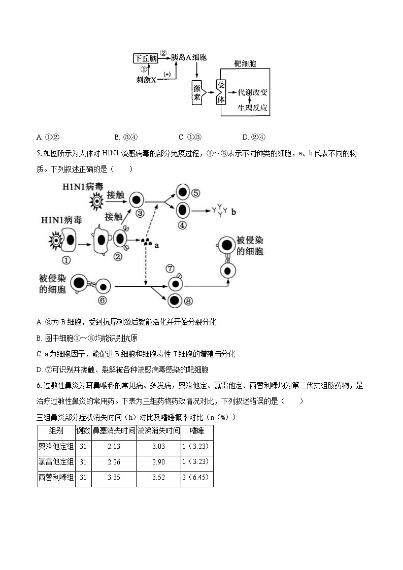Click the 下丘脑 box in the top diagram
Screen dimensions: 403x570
(x=146, y=58)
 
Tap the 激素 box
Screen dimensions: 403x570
(x=198, y=92)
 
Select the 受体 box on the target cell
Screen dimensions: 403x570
(x=221, y=92)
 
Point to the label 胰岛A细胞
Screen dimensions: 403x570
(x=189, y=58)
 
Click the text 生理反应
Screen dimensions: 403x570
(x=253, y=108)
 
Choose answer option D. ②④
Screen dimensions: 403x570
(x=254, y=137)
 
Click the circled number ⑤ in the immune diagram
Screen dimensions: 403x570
(x=195, y=193)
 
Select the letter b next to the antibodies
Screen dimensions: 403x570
(x=233, y=212)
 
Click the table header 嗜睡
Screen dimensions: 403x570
(x=196, y=431)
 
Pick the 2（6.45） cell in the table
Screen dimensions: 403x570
(x=196, y=477)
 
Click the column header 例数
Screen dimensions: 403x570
(x=83, y=431)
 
